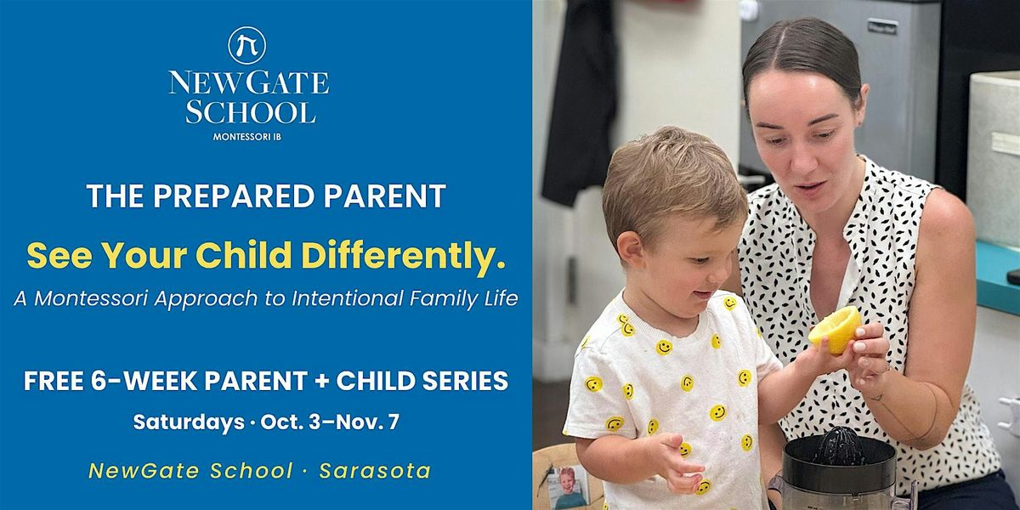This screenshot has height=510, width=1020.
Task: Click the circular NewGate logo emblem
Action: coord(247,45)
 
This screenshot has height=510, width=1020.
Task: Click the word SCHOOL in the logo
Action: coord(251,112)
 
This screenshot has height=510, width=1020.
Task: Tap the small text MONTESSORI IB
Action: coord(247,137)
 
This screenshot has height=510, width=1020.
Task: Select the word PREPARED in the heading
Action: coord(234,195)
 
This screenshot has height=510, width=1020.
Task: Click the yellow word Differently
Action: coord(404,255)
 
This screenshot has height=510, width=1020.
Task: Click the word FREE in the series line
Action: coord(54,381)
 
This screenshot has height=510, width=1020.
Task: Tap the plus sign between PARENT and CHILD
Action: coord(321,381)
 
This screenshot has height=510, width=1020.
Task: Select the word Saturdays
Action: coord(189,422)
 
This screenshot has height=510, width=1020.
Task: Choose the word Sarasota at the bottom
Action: coord(375,471)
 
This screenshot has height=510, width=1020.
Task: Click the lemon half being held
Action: coord(834,329)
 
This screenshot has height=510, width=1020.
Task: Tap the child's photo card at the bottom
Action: coord(566,486)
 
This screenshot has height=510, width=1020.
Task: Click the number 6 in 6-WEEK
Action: coord(99,381)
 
